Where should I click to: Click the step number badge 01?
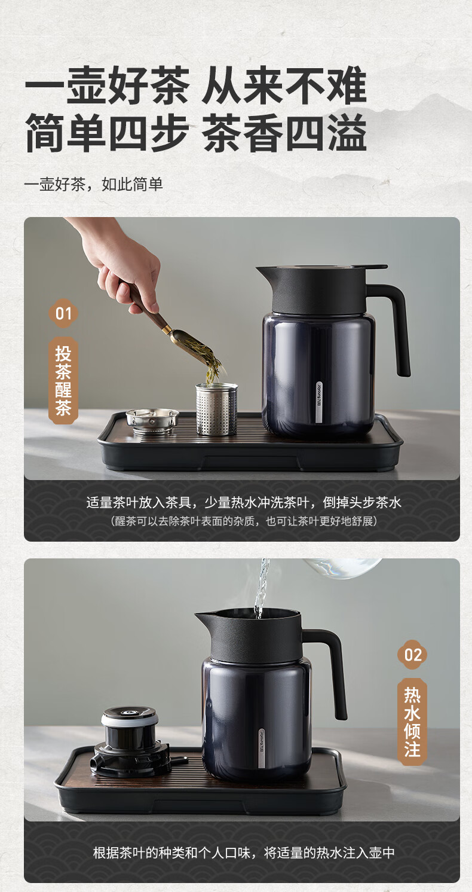[x=63, y=313]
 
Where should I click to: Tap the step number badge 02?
[x=412, y=655]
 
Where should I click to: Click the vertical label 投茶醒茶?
[x=63, y=380]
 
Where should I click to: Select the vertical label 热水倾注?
[x=412, y=722]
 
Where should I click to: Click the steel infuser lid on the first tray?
[x=152, y=421]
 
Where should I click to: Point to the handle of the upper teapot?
[x=394, y=326]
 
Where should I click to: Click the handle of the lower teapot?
[x=330, y=673]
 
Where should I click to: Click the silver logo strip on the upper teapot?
[x=319, y=403]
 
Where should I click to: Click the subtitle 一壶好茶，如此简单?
[x=94, y=184]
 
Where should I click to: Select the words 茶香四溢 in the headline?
[x=285, y=133]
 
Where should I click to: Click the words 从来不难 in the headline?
[x=284, y=85]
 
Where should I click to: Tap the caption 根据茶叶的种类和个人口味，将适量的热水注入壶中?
[x=244, y=853]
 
